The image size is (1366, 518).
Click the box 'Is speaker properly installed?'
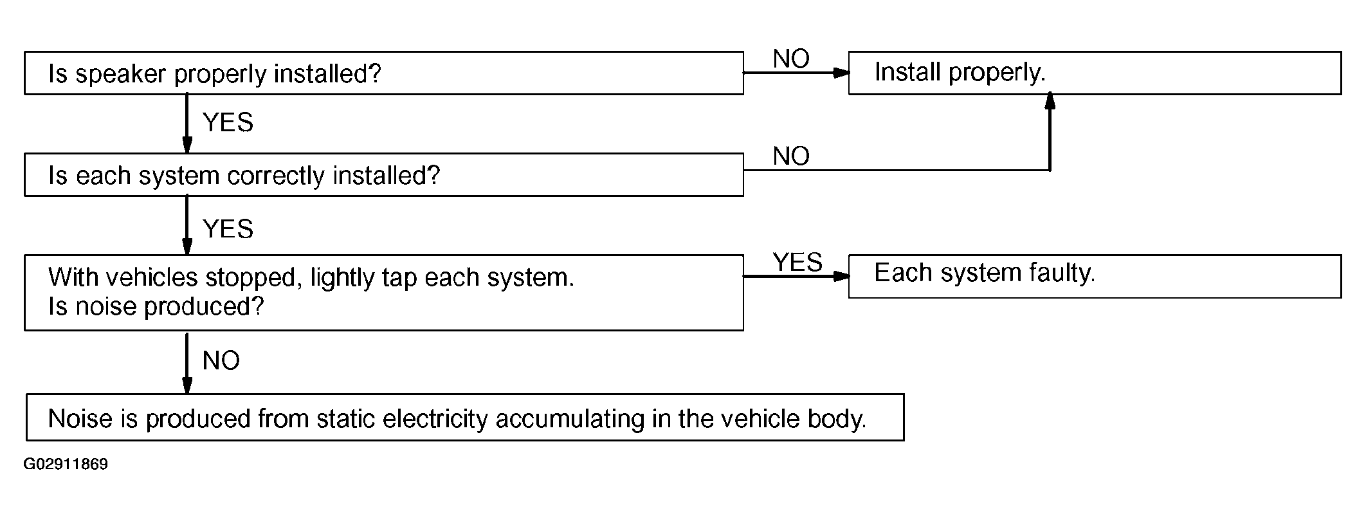click(x=384, y=73)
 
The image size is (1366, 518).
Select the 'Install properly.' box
click(x=1095, y=73)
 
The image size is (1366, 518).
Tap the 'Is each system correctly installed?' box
click(x=384, y=174)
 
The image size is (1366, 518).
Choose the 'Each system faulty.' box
click(x=1095, y=277)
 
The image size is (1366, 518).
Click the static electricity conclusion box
click(x=465, y=418)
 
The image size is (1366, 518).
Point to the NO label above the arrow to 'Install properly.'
click(x=791, y=59)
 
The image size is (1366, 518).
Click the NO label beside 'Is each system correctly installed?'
click(x=791, y=156)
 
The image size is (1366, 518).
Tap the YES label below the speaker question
click(x=228, y=122)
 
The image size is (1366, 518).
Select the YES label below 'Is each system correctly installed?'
click(x=228, y=229)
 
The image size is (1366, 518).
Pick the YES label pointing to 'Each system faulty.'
click(x=797, y=263)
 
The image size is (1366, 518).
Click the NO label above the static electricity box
click(x=221, y=361)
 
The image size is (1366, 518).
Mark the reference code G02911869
click(x=66, y=465)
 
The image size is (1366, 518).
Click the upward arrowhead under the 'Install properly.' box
click(x=1050, y=100)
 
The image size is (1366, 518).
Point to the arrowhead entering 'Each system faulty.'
click(x=841, y=277)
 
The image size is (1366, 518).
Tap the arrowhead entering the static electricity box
click(x=187, y=385)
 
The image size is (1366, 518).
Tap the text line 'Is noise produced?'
click(x=156, y=307)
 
